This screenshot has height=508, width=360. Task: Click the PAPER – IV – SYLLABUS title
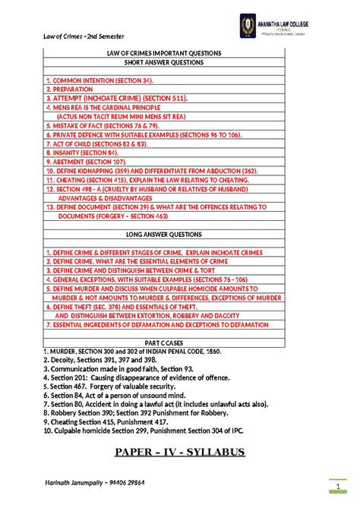pos(179,453)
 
